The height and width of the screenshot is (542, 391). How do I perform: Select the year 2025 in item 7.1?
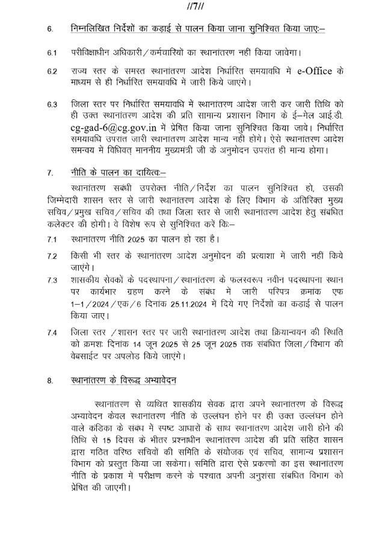click(x=143, y=238)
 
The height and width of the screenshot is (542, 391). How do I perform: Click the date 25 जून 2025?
click(x=206, y=344)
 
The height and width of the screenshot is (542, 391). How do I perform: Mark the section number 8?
click(x=51, y=380)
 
